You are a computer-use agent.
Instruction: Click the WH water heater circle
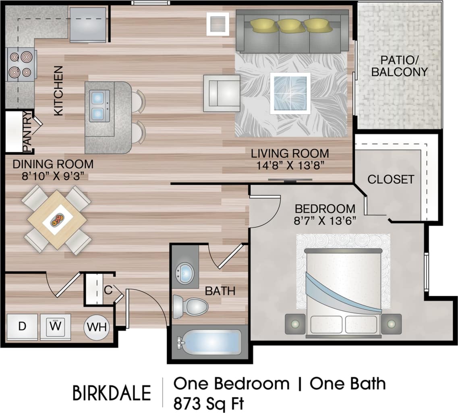coord(97,327)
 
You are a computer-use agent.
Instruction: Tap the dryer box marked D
coord(22,327)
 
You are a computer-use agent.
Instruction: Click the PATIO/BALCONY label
coord(399,66)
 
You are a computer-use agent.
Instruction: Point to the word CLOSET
coord(390,179)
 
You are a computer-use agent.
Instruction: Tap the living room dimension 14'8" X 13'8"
coord(290,166)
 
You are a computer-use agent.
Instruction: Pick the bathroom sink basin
coord(185,273)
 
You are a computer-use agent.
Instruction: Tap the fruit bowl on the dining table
coord(58,220)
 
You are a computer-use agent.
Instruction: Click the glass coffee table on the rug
coord(290,93)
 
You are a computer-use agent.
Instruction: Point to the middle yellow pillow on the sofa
coord(290,26)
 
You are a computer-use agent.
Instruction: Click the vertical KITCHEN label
coord(59,91)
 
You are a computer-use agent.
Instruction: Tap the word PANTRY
coord(27,133)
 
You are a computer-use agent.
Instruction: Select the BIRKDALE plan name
coord(112,393)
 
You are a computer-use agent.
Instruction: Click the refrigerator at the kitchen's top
coord(88,24)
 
